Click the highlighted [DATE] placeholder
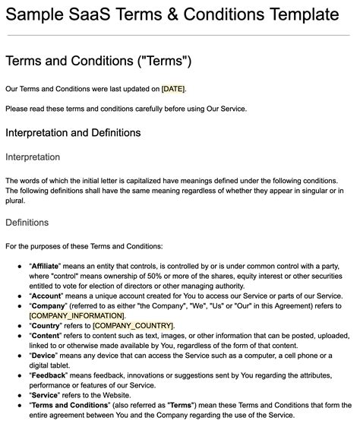pos(173,89)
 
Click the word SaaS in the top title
pos(96,14)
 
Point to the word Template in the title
pos(298,14)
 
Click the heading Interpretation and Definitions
pos(73,133)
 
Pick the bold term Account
pos(47,296)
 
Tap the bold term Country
pos(46,325)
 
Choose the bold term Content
pos(47,335)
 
